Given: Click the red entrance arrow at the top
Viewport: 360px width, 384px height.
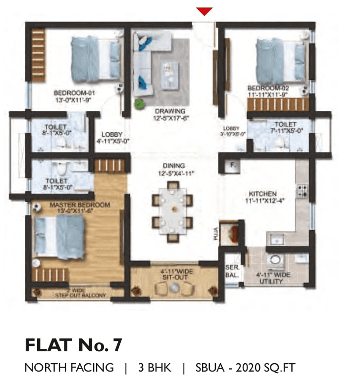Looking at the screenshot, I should [x=204, y=11].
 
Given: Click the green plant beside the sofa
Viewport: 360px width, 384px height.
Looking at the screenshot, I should [x=140, y=104].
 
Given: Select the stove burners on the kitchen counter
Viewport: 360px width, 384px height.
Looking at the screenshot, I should [x=302, y=191].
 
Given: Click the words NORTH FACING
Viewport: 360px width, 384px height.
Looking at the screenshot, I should [x=69, y=368].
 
